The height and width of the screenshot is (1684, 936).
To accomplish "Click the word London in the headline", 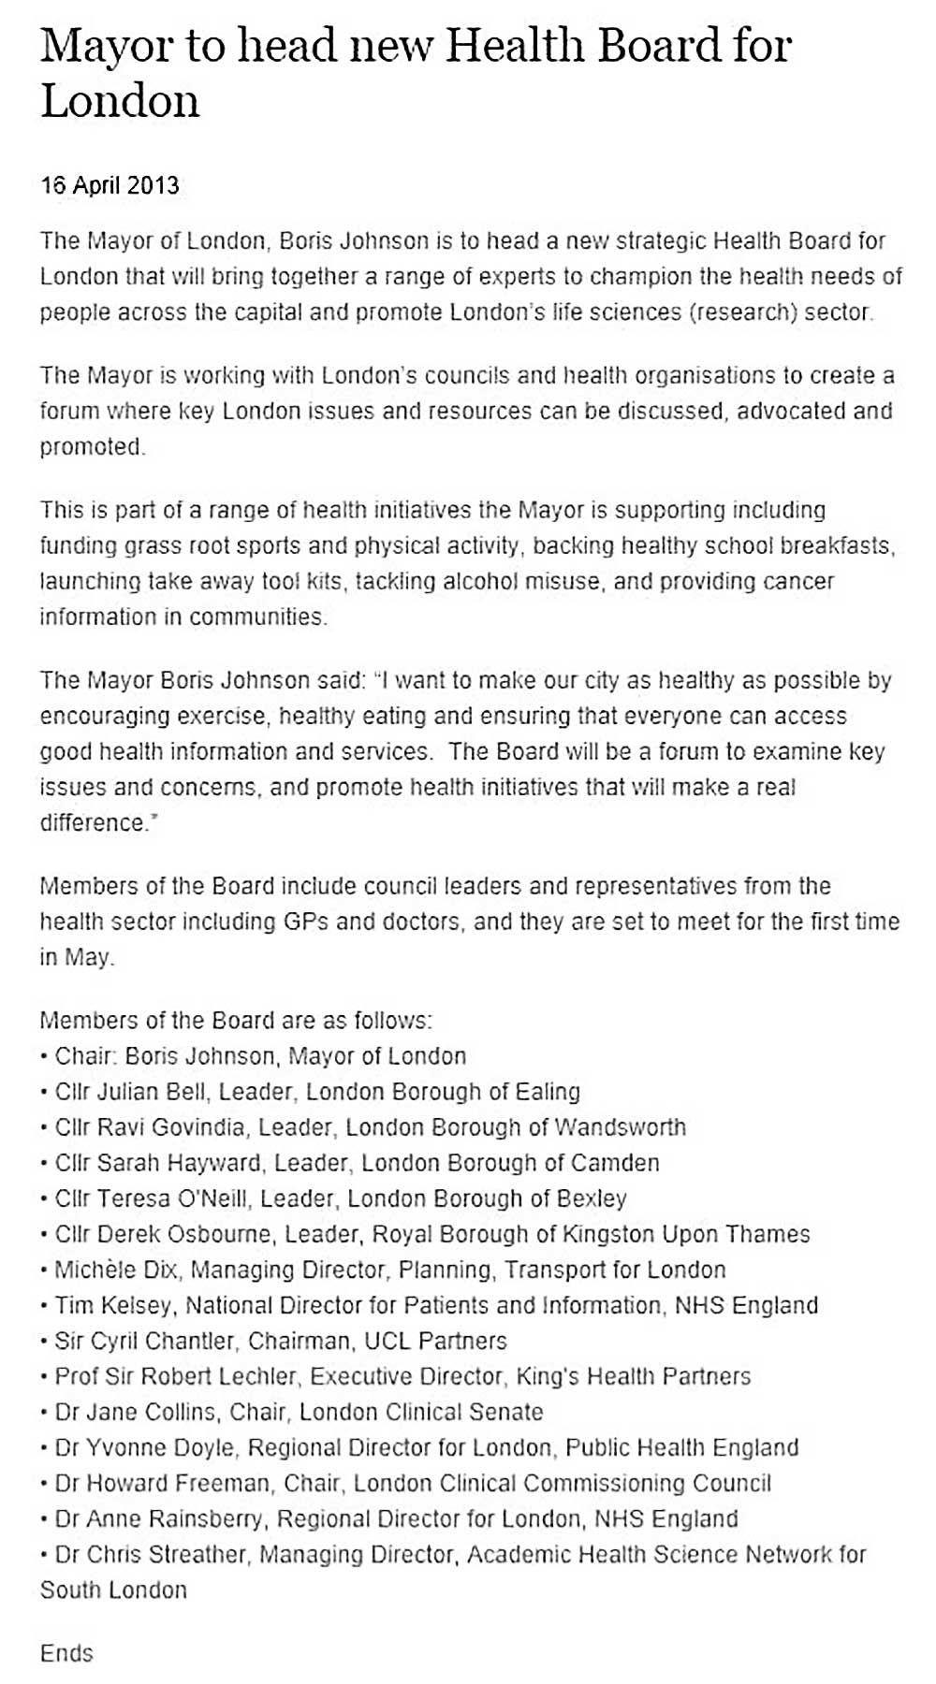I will pyautogui.click(x=120, y=100).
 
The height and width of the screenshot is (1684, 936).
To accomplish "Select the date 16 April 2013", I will pyautogui.click(x=110, y=184).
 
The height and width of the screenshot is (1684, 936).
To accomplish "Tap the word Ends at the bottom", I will pyautogui.click(x=66, y=1653).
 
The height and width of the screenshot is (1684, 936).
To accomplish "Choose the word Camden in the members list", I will pyautogui.click(x=615, y=1163).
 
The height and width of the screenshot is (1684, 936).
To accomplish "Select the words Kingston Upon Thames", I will pyautogui.click(x=686, y=1234).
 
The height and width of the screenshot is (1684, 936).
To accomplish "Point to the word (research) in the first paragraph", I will pyautogui.click(x=743, y=312).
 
